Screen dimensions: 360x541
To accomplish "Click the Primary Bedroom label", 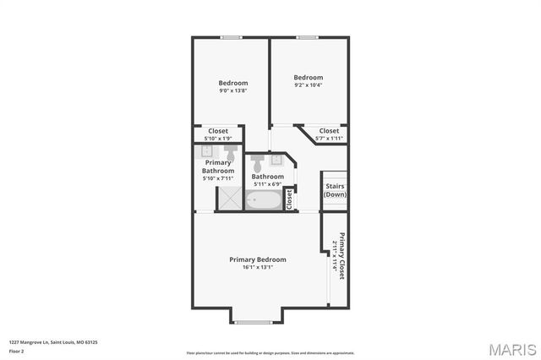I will click(x=257, y=259).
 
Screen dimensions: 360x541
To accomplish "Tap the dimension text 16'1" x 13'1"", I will click(x=257, y=267).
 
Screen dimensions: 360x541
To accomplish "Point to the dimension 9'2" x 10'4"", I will click(x=309, y=85).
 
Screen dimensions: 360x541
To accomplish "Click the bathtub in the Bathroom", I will click(x=265, y=200).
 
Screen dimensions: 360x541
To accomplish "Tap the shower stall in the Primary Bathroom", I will click(x=229, y=199).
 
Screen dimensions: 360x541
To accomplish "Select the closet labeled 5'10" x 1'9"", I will click(x=218, y=134).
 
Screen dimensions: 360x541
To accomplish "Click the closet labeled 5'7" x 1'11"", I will click(x=328, y=134).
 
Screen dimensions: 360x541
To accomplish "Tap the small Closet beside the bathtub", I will click(x=288, y=199).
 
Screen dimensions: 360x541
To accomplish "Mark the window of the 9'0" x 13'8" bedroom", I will click(x=231, y=37).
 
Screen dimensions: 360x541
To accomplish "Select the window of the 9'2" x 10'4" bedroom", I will click(x=306, y=37).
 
